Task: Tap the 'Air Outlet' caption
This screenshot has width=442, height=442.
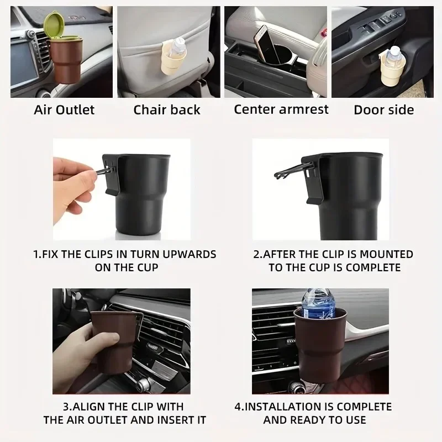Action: point(64,109)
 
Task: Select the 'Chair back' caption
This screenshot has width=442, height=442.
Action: point(166,109)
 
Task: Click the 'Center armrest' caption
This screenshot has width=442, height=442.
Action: point(281,108)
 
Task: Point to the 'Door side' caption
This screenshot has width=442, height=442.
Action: point(383,109)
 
